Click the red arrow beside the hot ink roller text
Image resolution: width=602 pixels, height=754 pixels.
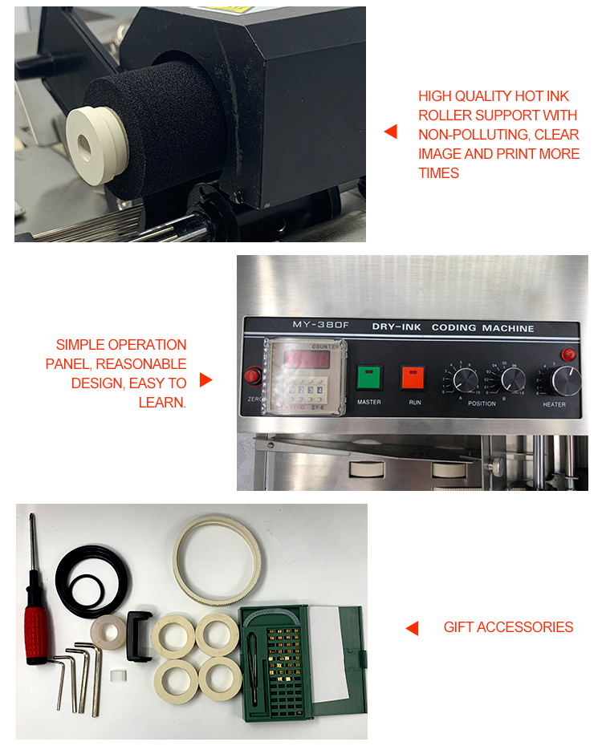[x=390, y=132]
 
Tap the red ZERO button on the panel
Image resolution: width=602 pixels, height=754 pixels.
[x=254, y=376]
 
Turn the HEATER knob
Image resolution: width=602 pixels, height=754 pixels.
[x=567, y=380]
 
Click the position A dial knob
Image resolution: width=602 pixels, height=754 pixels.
[x=466, y=379]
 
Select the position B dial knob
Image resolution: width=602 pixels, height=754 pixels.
[x=513, y=379]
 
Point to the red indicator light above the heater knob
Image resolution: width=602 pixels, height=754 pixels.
[x=569, y=355]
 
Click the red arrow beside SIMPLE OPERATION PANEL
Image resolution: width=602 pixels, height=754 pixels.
[x=205, y=379]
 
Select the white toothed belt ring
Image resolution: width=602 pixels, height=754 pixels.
[x=213, y=561]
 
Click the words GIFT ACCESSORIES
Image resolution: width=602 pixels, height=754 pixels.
[x=508, y=627]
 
